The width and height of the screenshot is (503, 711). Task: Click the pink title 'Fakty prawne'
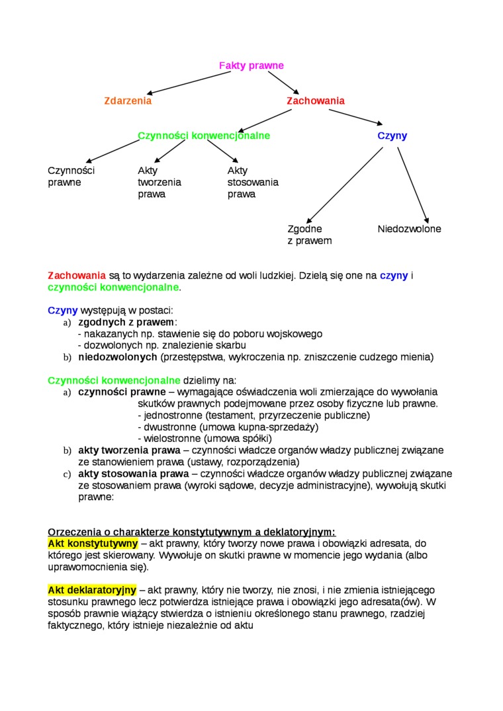coord(251,65)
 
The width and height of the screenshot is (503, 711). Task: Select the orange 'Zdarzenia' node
coord(128,101)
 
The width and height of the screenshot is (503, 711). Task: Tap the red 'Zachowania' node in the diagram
coord(315,101)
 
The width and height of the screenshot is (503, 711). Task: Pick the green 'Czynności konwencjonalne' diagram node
coord(204,136)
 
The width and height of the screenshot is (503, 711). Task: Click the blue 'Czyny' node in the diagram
coord(392,136)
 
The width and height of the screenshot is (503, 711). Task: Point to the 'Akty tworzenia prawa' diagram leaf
coord(159,183)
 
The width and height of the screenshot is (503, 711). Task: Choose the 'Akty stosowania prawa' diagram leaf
coord(253,183)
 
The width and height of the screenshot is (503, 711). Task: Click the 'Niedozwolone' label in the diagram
coord(409,229)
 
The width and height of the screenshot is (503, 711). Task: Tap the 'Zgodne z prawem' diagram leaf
coord(309,235)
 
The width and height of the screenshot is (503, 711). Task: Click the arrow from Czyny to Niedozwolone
coord(413,186)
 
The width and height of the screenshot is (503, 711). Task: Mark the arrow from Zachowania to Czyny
coord(355,116)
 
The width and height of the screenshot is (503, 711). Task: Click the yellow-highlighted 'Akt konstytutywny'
coord(93,544)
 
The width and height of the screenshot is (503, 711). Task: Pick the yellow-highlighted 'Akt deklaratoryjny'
coord(92,589)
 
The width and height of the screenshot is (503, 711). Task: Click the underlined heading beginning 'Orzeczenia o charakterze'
coord(191,532)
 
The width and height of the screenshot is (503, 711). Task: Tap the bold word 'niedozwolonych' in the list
coord(117,357)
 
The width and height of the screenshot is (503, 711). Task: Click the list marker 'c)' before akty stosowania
coord(67,474)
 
